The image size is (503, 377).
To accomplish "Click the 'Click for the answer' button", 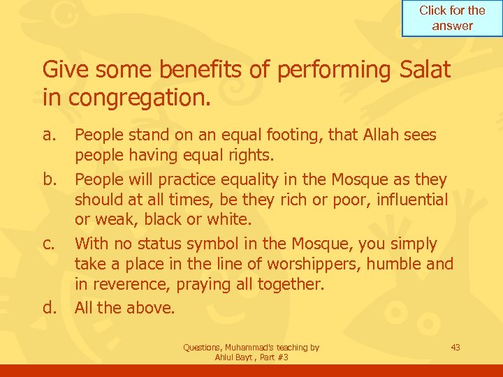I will tap(452, 19).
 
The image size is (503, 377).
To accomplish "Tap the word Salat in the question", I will tap(423, 70).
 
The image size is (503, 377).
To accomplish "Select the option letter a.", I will tap(48, 134).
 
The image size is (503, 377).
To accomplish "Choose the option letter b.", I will tap(49, 179).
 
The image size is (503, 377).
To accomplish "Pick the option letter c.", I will tap(48, 244).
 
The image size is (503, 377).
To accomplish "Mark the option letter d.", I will tap(49, 308).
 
